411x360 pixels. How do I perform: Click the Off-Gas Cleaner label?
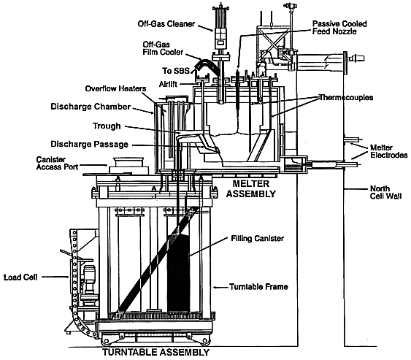click(166, 24)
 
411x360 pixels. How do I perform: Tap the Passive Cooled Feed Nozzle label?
click(339, 28)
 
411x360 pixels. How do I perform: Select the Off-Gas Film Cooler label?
click(163, 48)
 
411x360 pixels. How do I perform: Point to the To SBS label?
click(175, 71)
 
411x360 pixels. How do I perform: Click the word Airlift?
click(168, 84)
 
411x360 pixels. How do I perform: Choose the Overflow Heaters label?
click(115, 88)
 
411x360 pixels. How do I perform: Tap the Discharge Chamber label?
click(91, 107)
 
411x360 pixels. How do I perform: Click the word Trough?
click(107, 126)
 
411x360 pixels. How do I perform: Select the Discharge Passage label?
click(89, 144)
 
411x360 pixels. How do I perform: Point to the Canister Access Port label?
click(57, 163)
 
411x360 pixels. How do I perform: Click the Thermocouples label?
click(346, 98)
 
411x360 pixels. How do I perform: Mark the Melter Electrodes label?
click(389, 151)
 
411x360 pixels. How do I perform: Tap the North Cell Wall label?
click(386, 192)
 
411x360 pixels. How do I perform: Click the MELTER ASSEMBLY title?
click(251, 188)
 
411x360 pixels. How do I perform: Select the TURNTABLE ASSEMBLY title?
click(156, 352)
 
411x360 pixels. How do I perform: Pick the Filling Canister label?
click(257, 238)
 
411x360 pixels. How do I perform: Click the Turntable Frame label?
click(258, 287)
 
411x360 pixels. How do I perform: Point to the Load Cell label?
click(20, 277)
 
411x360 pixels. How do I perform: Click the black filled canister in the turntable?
click(179, 272)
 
